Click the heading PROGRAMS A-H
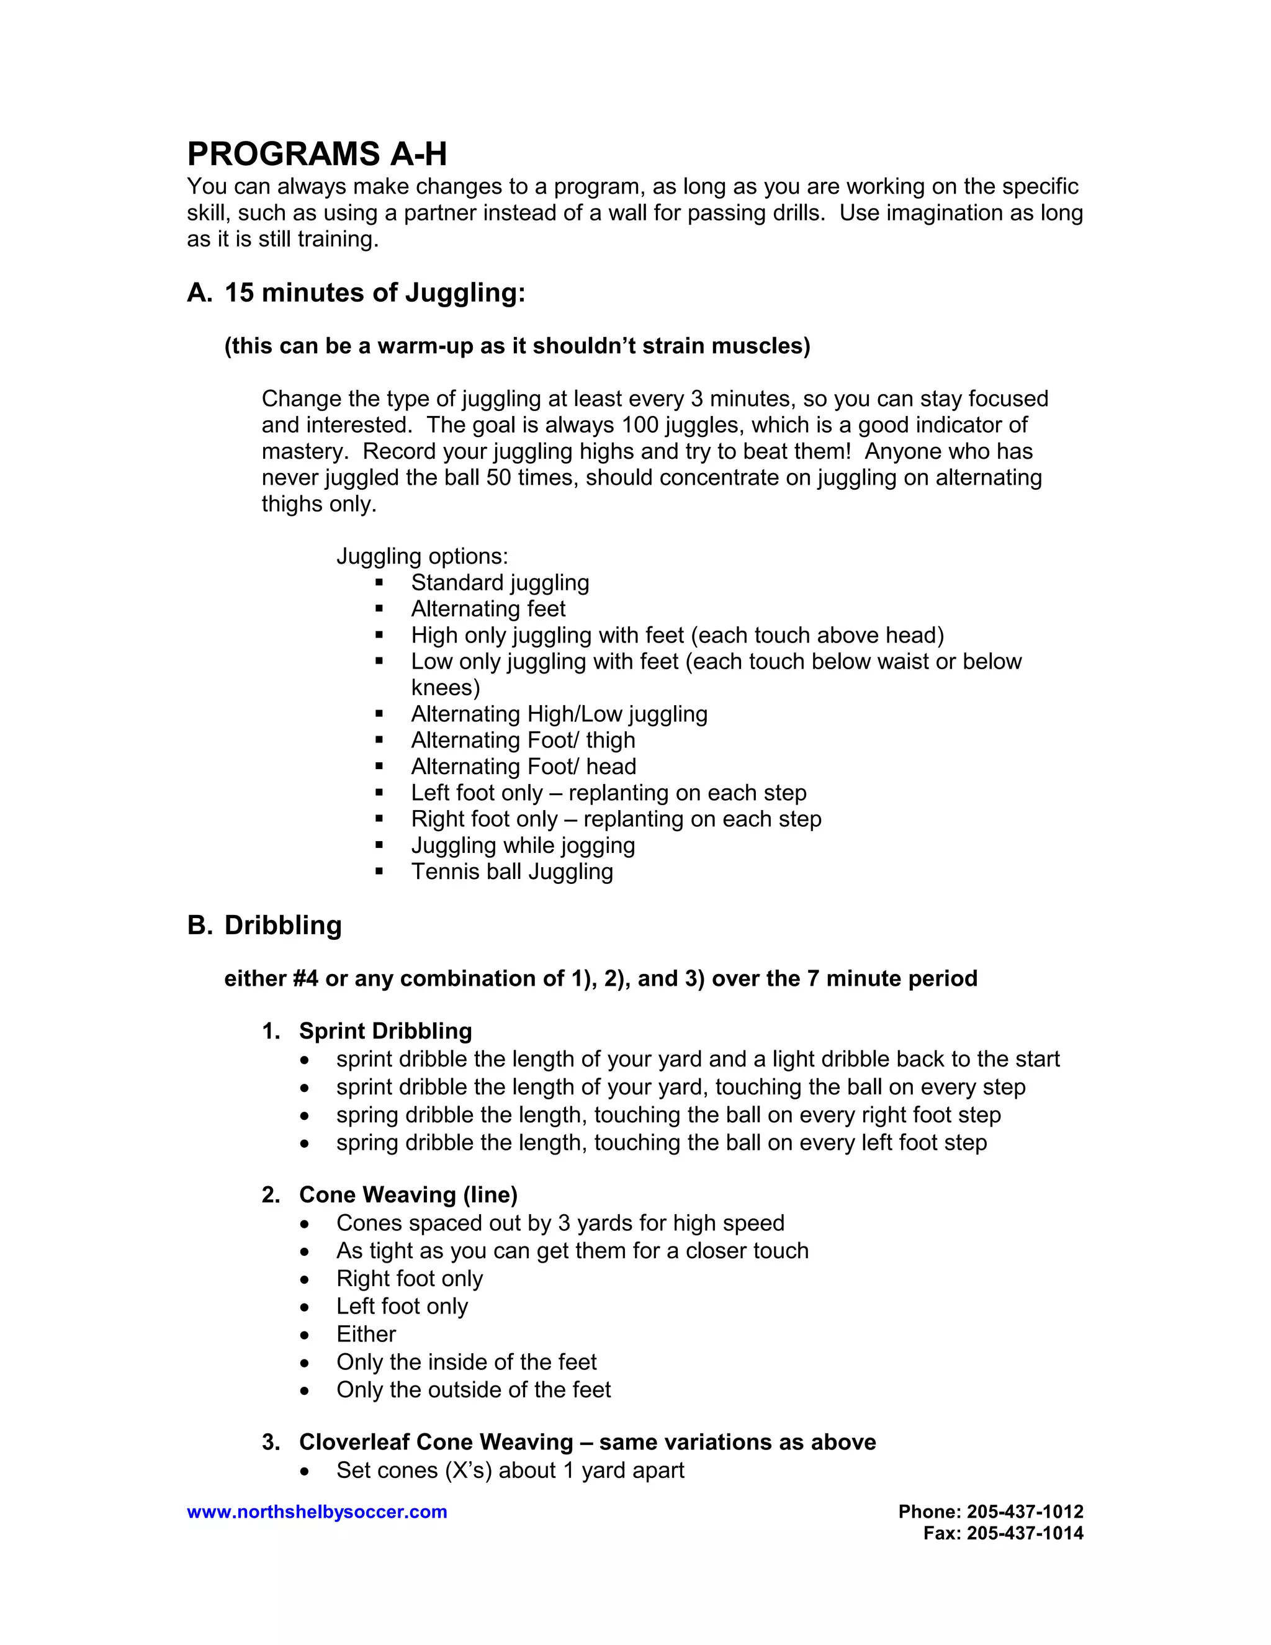[x=317, y=155]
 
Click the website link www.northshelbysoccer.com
[x=317, y=1512]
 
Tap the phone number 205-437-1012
[x=1025, y=1511]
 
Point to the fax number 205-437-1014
[x=1025, y=1533]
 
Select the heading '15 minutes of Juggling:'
[x=374, y=292]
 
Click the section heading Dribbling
[x=282, y=925]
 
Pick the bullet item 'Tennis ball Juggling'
[x=511, y=872]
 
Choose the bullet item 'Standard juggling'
[x=500, y=582]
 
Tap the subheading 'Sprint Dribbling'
[x=385, y=1031]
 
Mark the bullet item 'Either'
[x=366, y=1334]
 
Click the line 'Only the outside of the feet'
[x=473, y=1390]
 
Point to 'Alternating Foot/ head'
[x=523, y=766]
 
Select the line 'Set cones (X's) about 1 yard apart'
[x=510, y=1470]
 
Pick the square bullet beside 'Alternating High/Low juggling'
[x=379, y=713]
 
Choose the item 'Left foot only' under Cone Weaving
[x=402, y=1306]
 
